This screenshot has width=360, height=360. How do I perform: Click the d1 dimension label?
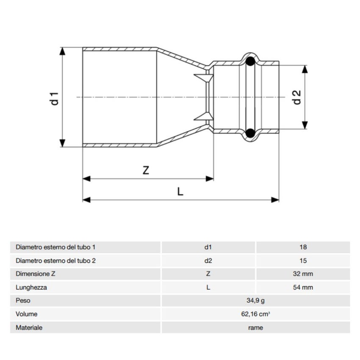pos(54,97)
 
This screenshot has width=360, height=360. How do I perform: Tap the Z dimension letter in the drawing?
pos(146,170)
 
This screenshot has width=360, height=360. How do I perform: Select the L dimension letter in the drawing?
pos(180,191)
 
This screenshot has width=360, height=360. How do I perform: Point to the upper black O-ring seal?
pos(251,61)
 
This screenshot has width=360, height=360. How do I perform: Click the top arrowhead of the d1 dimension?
pos(63,51)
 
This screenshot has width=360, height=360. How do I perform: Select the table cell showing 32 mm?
pos(302,274)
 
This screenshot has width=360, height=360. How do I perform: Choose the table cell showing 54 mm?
pos(302,287)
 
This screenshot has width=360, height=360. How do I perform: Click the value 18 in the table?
pos(302,247)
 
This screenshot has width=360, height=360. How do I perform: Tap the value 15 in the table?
pos(302,260)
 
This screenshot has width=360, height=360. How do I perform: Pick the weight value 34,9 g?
pos(255,301)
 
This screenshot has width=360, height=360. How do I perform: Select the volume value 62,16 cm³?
pos(255,314)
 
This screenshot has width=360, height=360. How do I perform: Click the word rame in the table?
pos(255,328)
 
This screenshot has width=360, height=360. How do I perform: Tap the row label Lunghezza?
pos(31,287)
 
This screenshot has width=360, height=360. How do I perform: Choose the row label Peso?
pos(23,301)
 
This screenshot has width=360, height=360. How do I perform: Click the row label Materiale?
pos(29,328)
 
